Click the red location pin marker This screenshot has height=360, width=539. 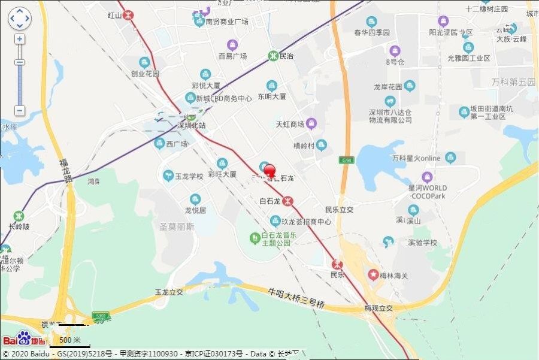(270, 171)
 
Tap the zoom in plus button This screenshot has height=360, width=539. (20, 39)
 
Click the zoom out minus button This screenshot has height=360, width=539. (20, 111)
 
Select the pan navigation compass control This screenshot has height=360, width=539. (19, 19)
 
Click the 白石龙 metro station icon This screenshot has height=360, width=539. (288, 201)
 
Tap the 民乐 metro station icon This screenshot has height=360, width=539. (337, 264)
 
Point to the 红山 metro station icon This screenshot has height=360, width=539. (128, 15)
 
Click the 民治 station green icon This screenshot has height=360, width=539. (272, 56)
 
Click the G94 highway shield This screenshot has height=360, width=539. (346, 161)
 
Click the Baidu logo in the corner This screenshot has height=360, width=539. (24, 339)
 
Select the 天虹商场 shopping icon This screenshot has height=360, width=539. (311, 124)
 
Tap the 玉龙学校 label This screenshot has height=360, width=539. (188, 176)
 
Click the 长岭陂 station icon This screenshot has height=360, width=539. (19, 216)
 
